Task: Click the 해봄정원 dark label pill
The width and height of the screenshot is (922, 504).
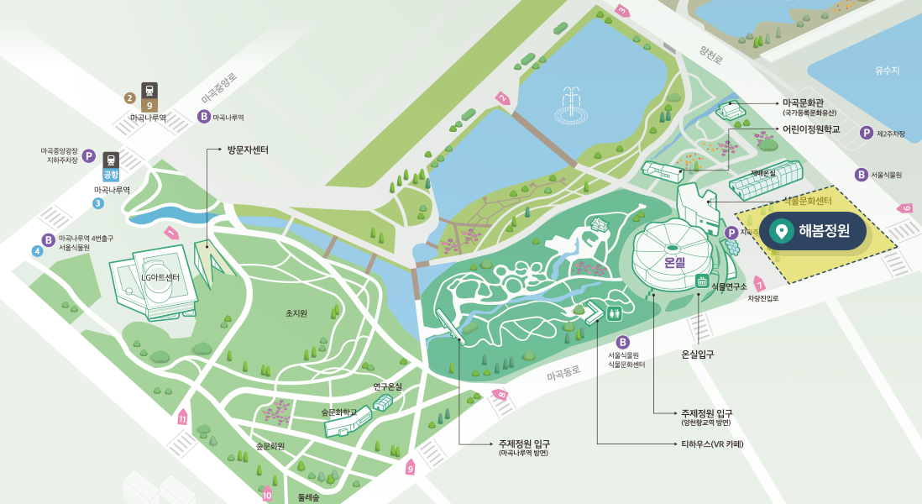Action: pos(812,231)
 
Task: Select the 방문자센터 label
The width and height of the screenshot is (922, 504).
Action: pos(247,150)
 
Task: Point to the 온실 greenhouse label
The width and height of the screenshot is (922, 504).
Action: pos(675,262)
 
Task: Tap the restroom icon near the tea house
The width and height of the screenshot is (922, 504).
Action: pos(616,313)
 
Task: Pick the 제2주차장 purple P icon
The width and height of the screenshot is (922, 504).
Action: pos(866,133)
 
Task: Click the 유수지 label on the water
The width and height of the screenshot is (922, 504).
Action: pos(887,71)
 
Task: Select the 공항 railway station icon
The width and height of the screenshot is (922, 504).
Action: pos(111,167)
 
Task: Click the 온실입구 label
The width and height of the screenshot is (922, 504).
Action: pos(697,354)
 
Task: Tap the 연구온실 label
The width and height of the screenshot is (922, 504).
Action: pos(388,387)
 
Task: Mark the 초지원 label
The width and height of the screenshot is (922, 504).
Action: pos(296,313)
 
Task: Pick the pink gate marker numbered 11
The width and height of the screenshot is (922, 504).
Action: pos(182,417)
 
